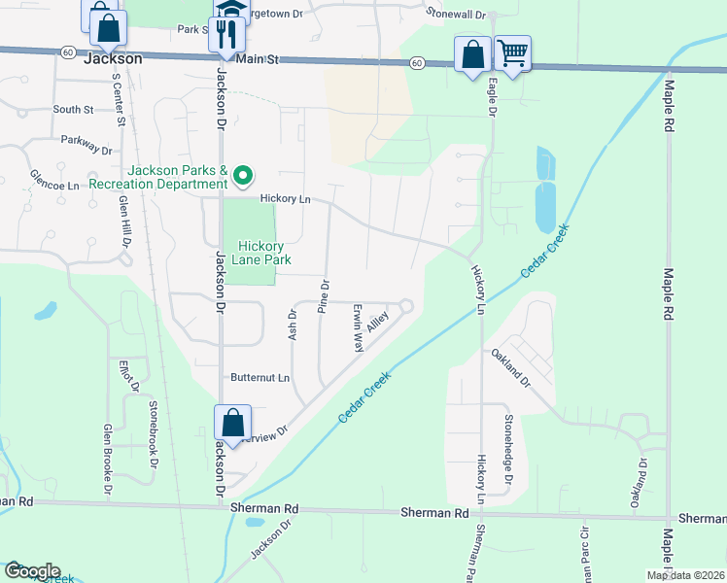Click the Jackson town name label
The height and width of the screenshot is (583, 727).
click(x=114, y=58)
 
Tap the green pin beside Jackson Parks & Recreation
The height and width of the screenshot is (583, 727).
click(x=245, y=176)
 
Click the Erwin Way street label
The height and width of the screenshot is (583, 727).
click(x=358, y=327)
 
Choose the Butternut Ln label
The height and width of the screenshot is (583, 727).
click(x=260, y=377)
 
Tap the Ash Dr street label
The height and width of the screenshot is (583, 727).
click(x=291, y=322)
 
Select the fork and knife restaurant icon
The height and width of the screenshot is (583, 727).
click(x=226, y=36)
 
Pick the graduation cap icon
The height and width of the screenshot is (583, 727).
click(x=231, y=9)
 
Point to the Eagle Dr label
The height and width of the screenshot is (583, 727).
click(x=492, y=98)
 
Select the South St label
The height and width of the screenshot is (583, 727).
click(x=73, y=110)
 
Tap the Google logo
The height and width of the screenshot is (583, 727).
click(x=32, y=571)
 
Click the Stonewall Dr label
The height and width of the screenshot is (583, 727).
click(x=456, y=14)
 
